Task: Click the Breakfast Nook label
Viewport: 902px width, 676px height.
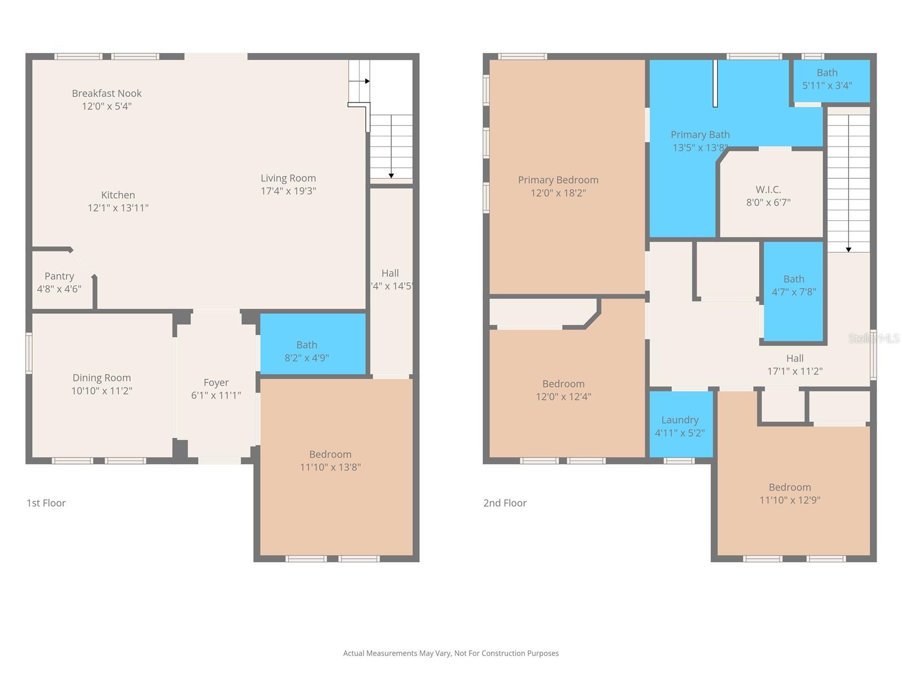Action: pos(107,94)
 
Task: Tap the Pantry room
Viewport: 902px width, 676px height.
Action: pos(59,282)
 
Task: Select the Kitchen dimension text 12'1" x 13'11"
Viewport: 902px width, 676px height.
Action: pos(118,208)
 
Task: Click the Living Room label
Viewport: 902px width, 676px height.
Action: pos(288,178)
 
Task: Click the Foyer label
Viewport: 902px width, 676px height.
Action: pos(216,383)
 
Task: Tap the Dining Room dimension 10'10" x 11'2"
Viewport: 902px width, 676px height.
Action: pos(101,391)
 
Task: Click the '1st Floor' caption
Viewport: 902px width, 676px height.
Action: pos(46,503)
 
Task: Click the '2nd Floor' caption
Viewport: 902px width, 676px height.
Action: pos(505,503)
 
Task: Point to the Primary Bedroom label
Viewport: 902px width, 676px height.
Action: pos(558,180)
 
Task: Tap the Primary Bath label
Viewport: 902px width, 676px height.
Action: pos(700,135)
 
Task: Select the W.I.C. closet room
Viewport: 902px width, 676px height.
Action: pos(768,195)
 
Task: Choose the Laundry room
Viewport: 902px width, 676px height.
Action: pos(680,425)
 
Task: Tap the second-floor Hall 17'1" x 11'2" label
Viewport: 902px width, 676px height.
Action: pos(794,358)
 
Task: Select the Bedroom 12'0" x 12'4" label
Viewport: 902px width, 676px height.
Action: pos(563,384)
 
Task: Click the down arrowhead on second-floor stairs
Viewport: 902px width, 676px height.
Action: pos(848,250)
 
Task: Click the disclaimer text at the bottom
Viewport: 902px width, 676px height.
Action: pos(451,653)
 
